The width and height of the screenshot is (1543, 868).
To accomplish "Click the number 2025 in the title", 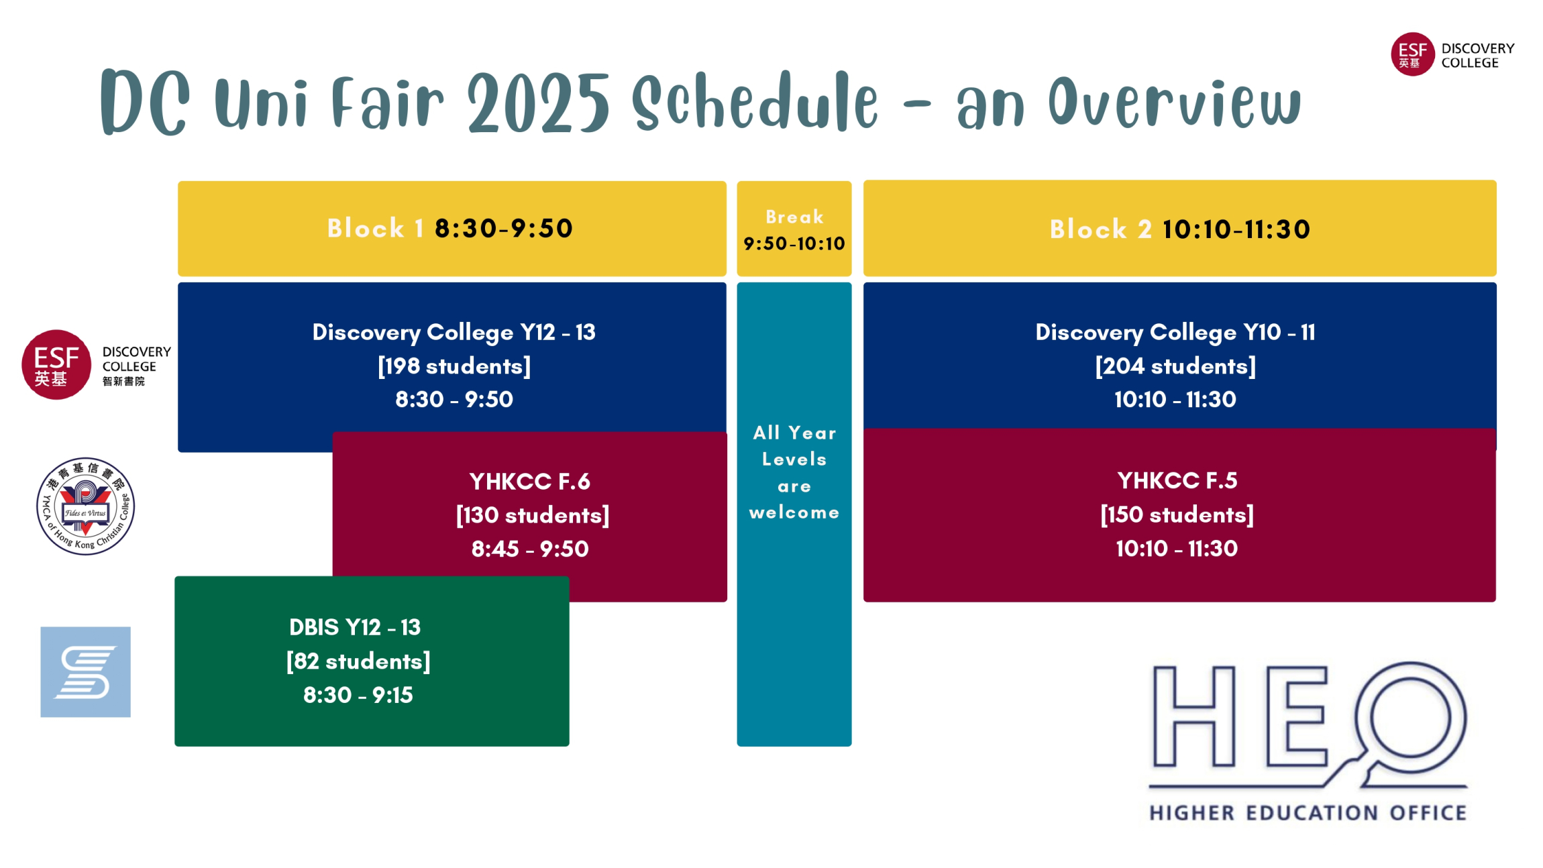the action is tap(539, 103).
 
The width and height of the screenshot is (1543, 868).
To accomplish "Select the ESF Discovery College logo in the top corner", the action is tap(1452, 54).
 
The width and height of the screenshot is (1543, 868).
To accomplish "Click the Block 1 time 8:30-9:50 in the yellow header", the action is tap(503, 228).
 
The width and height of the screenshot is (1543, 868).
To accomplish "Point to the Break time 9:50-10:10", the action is tap(794, 243).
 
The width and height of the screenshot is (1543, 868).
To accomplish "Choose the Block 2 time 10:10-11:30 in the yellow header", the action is tap(1236, 229).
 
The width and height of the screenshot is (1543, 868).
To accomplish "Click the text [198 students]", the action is tap(454, 366).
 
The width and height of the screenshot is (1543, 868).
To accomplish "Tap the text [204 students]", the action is tap(1175, 366).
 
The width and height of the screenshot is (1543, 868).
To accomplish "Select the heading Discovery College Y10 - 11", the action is tap(1175, 332).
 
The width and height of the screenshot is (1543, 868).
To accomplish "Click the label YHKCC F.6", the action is tap(530, 482).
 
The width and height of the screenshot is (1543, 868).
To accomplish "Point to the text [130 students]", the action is tap(533, 515).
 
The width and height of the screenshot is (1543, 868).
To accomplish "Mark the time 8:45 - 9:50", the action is tap(530, 549).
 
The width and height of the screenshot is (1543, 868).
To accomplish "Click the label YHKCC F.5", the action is tap(1177, 480).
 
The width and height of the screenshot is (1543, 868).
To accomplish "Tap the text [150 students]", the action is tap(1177, 514).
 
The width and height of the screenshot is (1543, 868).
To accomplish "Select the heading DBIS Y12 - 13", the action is tap(355, 627).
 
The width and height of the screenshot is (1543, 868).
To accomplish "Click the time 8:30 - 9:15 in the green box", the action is tap(358, 695).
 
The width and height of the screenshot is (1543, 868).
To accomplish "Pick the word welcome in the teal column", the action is tap(794, 512).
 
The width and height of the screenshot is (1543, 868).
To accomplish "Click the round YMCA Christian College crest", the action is tap(85, 506).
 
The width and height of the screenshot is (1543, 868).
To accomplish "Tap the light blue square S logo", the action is tap(85, 672).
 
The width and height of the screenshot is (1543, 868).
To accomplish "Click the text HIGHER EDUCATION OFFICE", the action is tap(1308, 813).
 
